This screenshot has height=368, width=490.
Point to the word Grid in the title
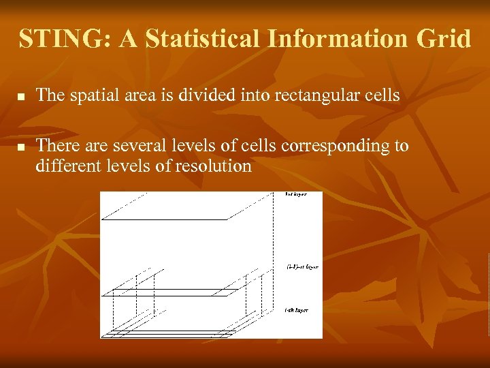(444, 39)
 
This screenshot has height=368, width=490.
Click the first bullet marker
(22, 97)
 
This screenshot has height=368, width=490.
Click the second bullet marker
(22, 147)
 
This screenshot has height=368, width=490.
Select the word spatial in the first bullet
(89, 95)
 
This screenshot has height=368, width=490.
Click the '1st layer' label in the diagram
(295, 195)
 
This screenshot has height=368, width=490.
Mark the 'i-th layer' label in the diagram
(296, 310)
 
